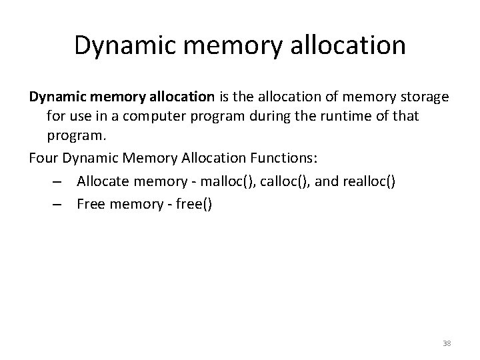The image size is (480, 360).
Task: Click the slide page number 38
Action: (447, 343)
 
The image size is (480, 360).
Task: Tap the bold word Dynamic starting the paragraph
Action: (55, 97)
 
